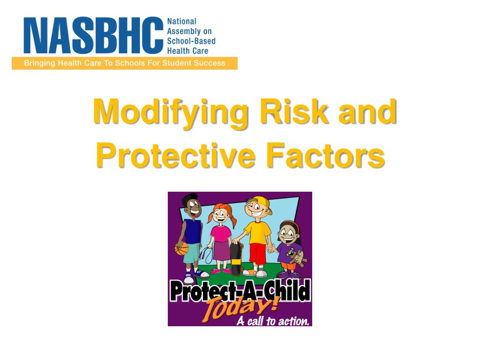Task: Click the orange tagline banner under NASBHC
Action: [x=125, y=63]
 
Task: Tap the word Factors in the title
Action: [x=325, y=157]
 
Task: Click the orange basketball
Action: [x=181, y=248]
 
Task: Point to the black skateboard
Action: [x=236, y=258]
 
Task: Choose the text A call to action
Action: [x=273, y=321]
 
